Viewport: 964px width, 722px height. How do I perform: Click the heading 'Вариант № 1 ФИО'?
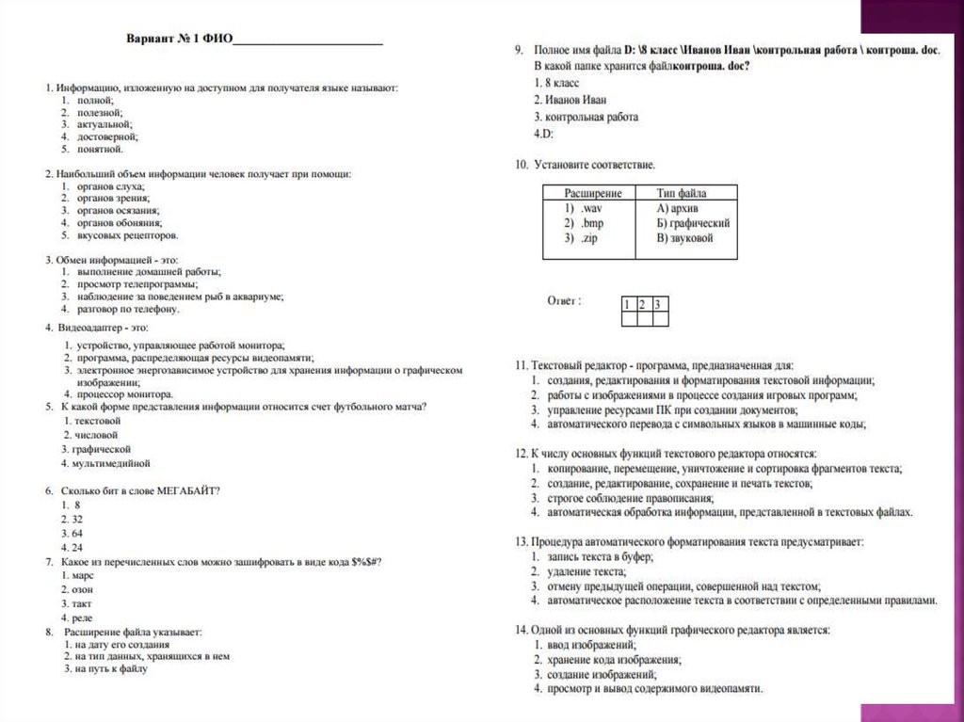click(x=179, y=40)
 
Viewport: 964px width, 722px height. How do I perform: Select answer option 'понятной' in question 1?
click(x=100, y=149)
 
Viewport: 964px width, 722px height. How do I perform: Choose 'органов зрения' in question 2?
click(x=112, y=199)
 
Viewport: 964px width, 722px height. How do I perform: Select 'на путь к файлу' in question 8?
click(x=113, y=668)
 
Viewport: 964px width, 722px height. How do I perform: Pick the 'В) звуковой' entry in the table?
click(x=685, y=238)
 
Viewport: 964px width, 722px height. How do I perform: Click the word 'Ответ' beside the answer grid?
click(x=563, y=301)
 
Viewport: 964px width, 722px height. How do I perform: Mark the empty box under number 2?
click(x=645, y=319)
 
